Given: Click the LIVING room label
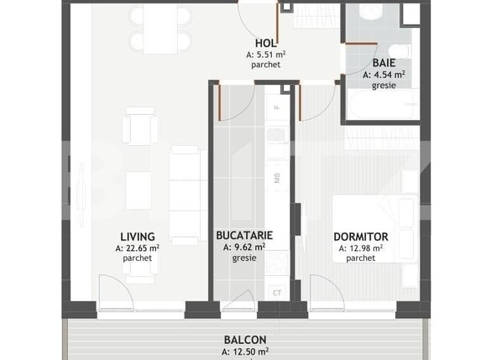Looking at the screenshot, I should tap(136, 237).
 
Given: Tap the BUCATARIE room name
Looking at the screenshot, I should tap(244, 237).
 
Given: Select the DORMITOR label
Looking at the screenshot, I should tap(360, 237).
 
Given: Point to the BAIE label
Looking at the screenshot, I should tap(384, 62).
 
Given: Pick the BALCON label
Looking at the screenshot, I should tap(245, 340).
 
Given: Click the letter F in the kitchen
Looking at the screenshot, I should tap(277, 109).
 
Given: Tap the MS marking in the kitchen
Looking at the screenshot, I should tap(277, 178).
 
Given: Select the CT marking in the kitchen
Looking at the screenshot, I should tap(277, 292).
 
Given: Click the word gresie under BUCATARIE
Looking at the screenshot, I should tap(244, 258).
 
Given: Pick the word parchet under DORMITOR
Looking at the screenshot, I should tap(360, 258).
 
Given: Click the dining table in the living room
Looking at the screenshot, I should tap(159, 29).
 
